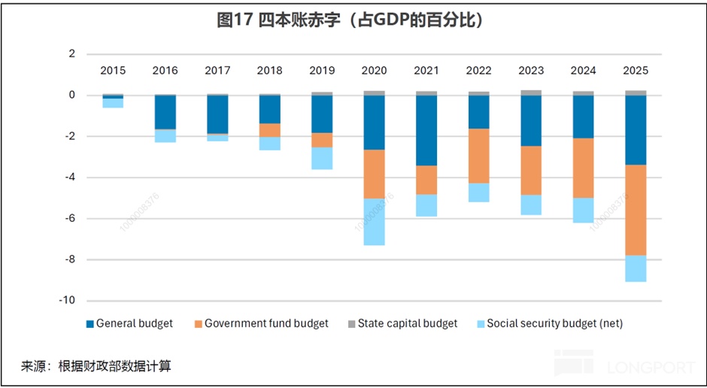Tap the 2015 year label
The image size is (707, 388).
tap(113, 71)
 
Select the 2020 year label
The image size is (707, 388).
tap(374, 71)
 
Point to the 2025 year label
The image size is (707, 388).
tap(636, 71)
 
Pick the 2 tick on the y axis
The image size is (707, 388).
tap(72, 54)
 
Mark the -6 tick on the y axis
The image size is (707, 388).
tap(69, 219)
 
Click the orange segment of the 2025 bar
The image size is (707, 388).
tap(636, 210)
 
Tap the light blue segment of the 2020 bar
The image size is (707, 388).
tap(374, 222)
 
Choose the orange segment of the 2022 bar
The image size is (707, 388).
tap(478, 156)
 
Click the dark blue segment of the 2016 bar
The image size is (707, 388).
tap(165, 112)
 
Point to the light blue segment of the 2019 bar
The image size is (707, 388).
tap(322, 158)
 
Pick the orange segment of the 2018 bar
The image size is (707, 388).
tap(269, 130)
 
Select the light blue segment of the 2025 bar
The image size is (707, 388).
tap(636, 268)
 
